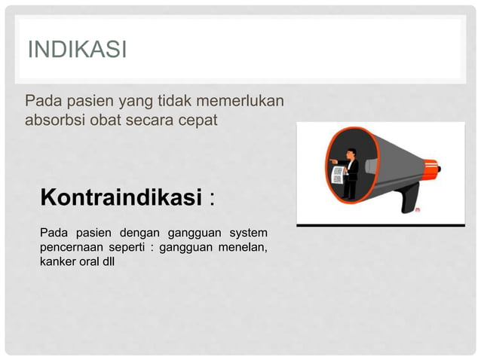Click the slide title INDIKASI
pyautogui.click(x=77, y=50)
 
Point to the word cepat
pyautogui.click(x=198, y=120)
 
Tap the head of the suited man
pyautogui.click(x=352, y=154)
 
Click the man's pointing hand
pyautogui.click(x=332, y=161)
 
